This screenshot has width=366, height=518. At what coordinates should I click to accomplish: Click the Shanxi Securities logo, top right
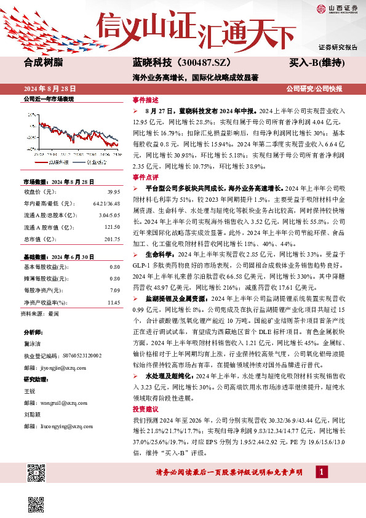[x=337, y=9]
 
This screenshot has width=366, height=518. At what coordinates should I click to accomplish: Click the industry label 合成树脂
[x=43, y=63]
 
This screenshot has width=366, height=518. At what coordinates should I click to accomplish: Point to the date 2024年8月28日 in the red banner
[x=50, y=88]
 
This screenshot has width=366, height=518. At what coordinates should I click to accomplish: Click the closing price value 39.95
[x=113, y=191]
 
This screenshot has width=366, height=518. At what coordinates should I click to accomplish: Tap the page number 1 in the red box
[x=321, y=471]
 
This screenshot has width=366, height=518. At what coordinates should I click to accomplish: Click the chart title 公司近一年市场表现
[x=49, y=99]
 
